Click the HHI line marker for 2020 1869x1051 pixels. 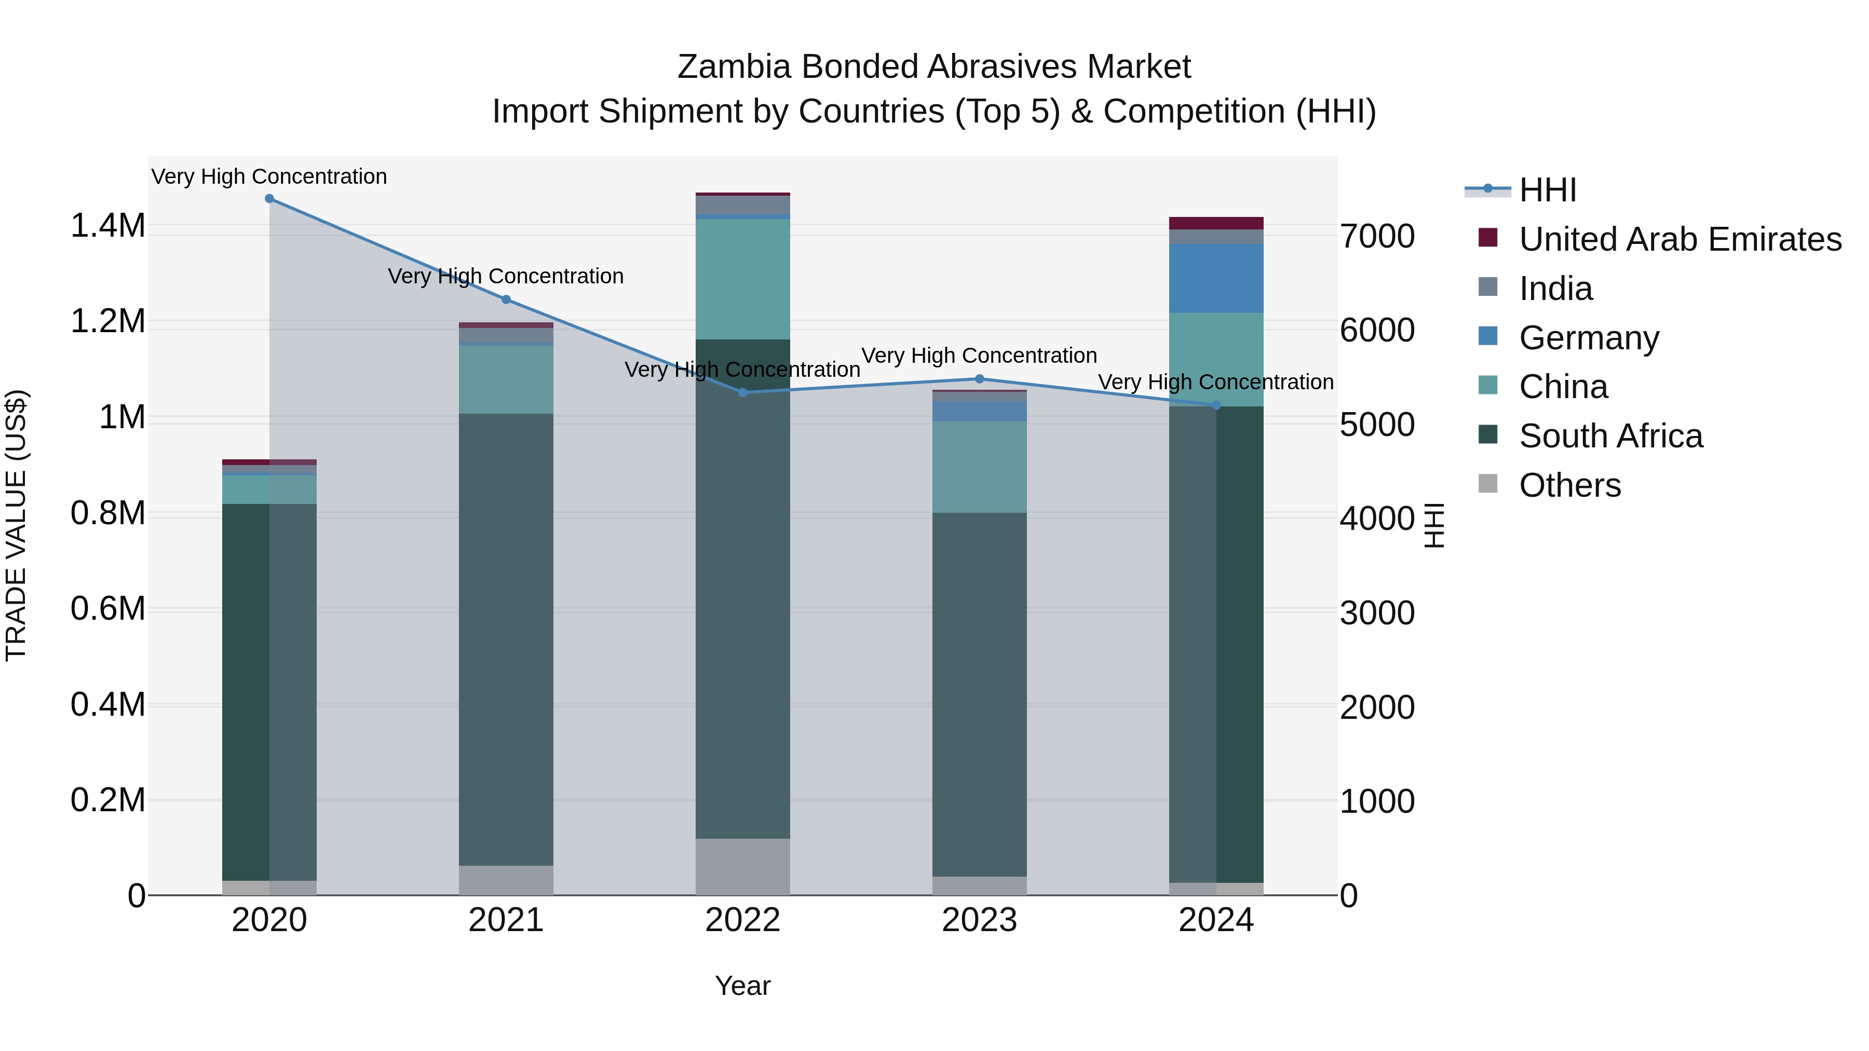(x=269, y=199)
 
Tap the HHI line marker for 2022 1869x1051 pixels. (x=742, y=392)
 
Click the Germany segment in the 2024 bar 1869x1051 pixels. (x=1216, y=279)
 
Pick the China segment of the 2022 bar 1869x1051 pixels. (x=742, y=279)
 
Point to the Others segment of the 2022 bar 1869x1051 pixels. (x=742, y=867)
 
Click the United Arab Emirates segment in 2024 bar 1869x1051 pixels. (x=1216, y=223)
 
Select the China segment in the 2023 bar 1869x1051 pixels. (x=979, y=467)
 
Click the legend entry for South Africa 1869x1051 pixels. (x=1610, y=436)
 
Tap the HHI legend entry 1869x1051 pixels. (x=1547, y=190)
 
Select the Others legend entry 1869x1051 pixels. (x=1569, y=485)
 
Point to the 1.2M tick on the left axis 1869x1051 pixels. (x=108, y=321)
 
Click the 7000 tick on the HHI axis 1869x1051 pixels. (x=1376, y=237)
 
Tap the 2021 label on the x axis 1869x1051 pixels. (x=506, y=920)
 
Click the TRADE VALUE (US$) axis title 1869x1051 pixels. (x=17, y=525)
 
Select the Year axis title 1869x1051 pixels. (x=742, y=986)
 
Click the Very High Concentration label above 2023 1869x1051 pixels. (x=979, y=356)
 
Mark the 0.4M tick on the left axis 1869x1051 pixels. (x=108, y=705)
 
